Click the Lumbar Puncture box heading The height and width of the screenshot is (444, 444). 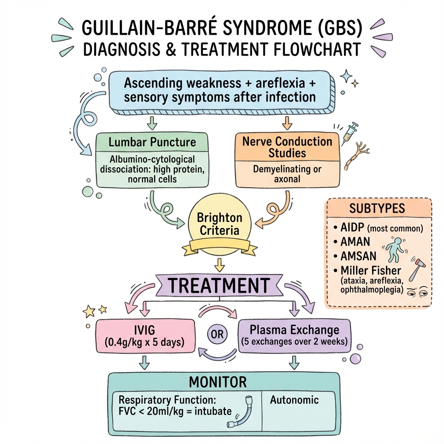tap(152, 142)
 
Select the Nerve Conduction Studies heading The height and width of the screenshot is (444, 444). tap(287, 147)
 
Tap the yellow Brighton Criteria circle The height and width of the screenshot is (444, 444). tap(219, 223)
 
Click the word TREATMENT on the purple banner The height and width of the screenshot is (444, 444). tap(219, 285)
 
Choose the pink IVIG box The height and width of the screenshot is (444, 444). tap(144, 336)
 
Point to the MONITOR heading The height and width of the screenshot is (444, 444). tap(218, 382)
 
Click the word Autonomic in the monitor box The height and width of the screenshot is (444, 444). tap(294, 400)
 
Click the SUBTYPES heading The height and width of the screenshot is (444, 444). tap(377, 208)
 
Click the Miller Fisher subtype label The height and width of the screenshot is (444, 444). tap(368, 271)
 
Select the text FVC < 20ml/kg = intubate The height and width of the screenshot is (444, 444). tap(175, 411)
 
